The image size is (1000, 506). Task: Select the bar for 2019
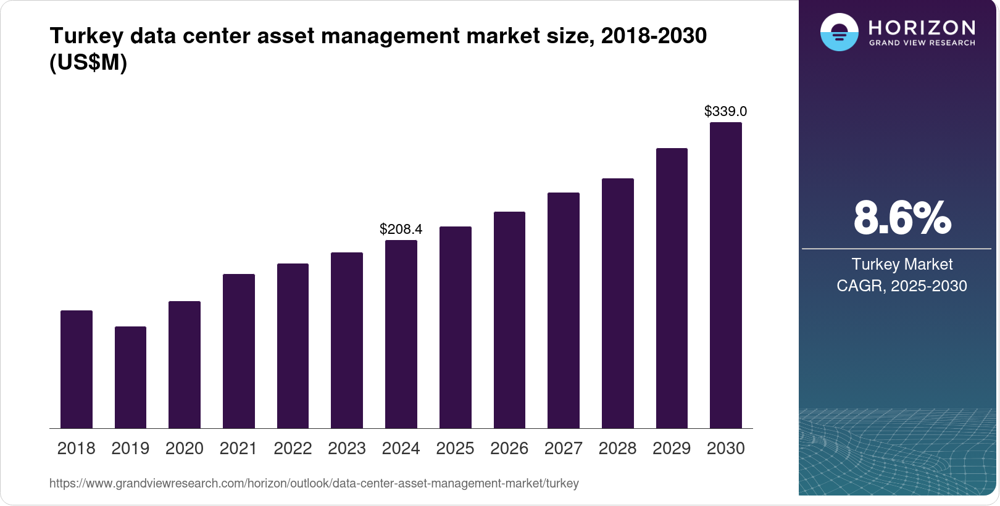[x=130, y=377]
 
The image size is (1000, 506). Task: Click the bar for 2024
[x=401, y=334]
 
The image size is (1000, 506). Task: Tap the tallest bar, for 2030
[x=725, y=275]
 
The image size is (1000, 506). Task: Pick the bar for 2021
[x=238, y=350]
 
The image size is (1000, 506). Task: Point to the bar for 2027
[x=563, y=310]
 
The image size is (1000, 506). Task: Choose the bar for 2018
[x=76, y=369]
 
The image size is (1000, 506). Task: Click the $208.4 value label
[x=401, y=230]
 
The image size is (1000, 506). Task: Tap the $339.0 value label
[x=725, y=112]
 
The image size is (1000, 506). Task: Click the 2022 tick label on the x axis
[x=293, y=449]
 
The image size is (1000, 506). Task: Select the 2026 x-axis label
[x=509, y=449]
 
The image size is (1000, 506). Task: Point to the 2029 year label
[x=671, y=449]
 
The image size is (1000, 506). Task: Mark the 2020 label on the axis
[x=184, y=449]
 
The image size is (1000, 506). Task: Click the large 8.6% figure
[x=902, y=218]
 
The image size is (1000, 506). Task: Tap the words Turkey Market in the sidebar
[x=902, y=264]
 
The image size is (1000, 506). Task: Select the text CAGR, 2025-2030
[x=901, y=286]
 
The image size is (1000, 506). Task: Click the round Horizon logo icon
[x=839, y=32]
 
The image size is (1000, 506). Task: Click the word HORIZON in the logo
[x=922, y=28]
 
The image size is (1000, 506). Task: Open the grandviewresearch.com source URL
[x=314, y=484]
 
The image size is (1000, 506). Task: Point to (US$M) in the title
[x=88, y=63]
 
